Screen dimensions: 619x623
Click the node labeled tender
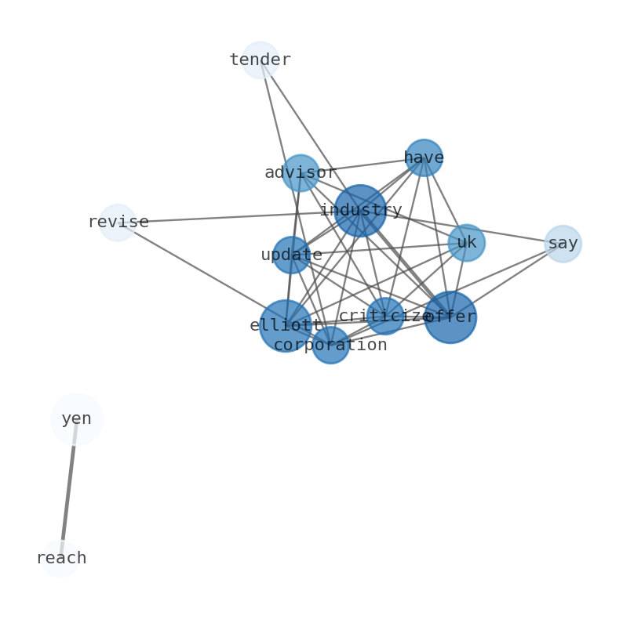click(260, 60)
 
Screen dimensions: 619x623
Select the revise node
click(118, 223)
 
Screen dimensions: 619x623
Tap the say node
click(563, 244)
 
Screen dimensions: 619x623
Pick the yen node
click(76, 419)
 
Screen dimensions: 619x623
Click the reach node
click(60, 559)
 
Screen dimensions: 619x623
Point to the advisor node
click(301, 173)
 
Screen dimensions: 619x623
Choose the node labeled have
click(424, 157)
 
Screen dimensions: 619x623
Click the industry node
click(360, 211)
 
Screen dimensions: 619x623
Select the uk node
click(466, 243)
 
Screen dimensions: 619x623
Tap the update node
click(291, 255)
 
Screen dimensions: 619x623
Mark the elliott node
click(286, 326)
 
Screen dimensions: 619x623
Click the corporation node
click(330, 345)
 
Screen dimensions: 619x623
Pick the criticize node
click(385, 316)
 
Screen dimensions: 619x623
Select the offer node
click(450, 317)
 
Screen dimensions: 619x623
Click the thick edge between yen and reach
click(68, 489)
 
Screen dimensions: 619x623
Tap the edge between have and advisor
click(362, 165)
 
